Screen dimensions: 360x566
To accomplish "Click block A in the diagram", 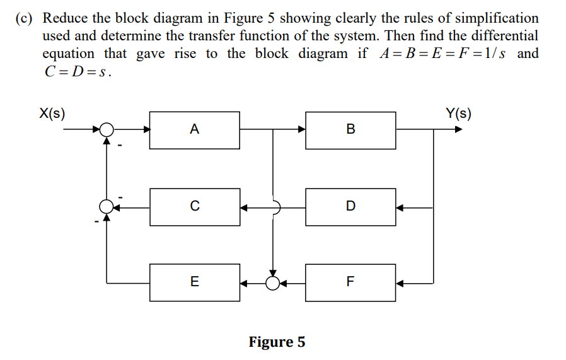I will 194,130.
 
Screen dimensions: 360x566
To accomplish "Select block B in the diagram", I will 350,130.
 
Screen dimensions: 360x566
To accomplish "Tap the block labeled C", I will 194,206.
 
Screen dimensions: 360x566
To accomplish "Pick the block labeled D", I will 350,206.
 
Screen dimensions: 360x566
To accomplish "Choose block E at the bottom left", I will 194,282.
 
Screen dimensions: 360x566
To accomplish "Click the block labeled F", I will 350,282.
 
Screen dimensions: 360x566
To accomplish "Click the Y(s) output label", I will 458,113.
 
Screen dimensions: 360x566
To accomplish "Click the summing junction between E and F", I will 273,282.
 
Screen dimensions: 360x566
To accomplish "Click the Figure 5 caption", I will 277,342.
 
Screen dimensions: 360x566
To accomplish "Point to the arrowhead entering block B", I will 301,130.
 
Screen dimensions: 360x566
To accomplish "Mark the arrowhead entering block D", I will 400,206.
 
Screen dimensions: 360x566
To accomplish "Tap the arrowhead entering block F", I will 400,282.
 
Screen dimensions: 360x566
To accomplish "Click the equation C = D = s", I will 78,71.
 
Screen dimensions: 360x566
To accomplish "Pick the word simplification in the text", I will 491,18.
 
